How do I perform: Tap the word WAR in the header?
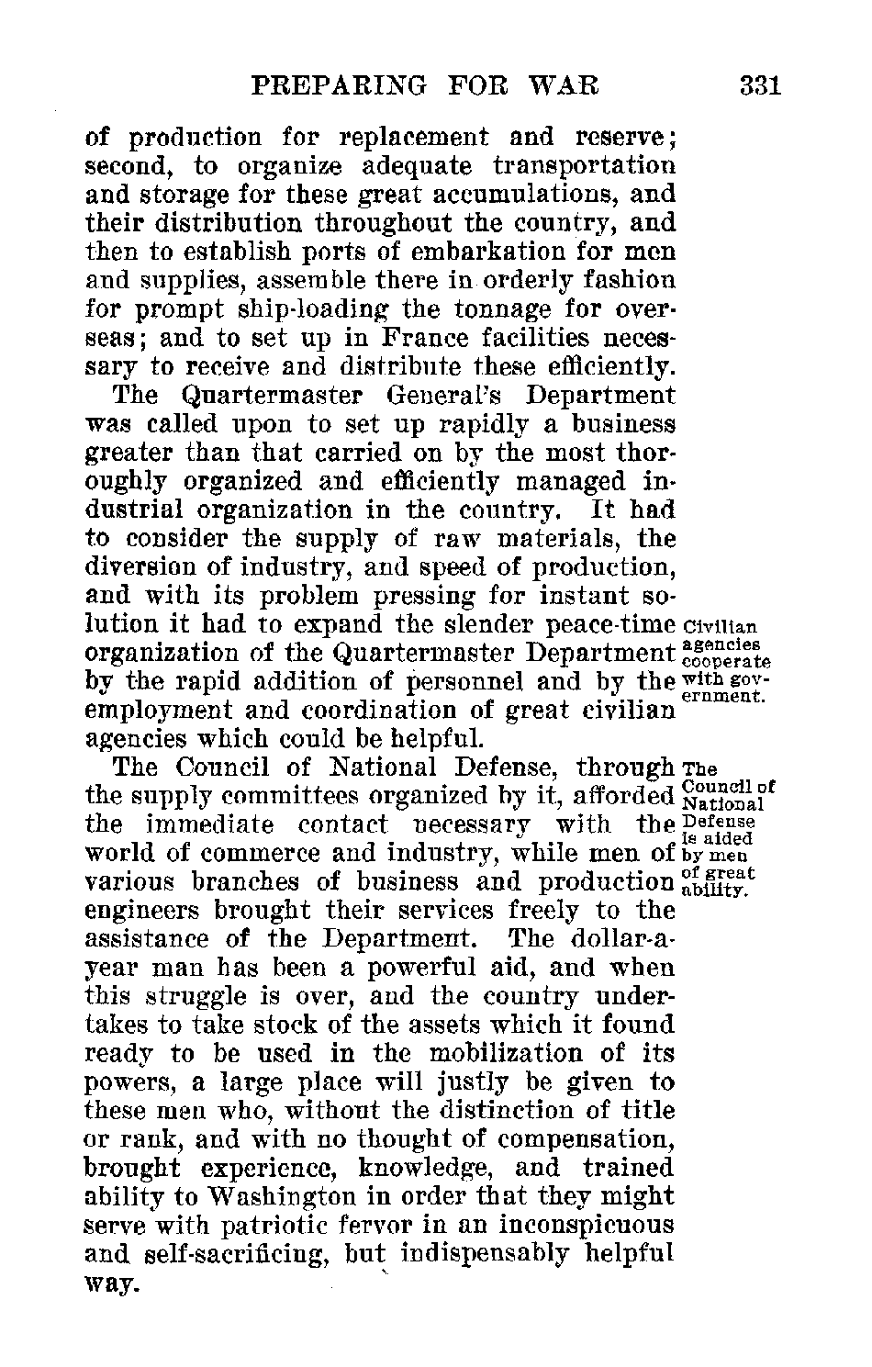[x=566, y=87]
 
